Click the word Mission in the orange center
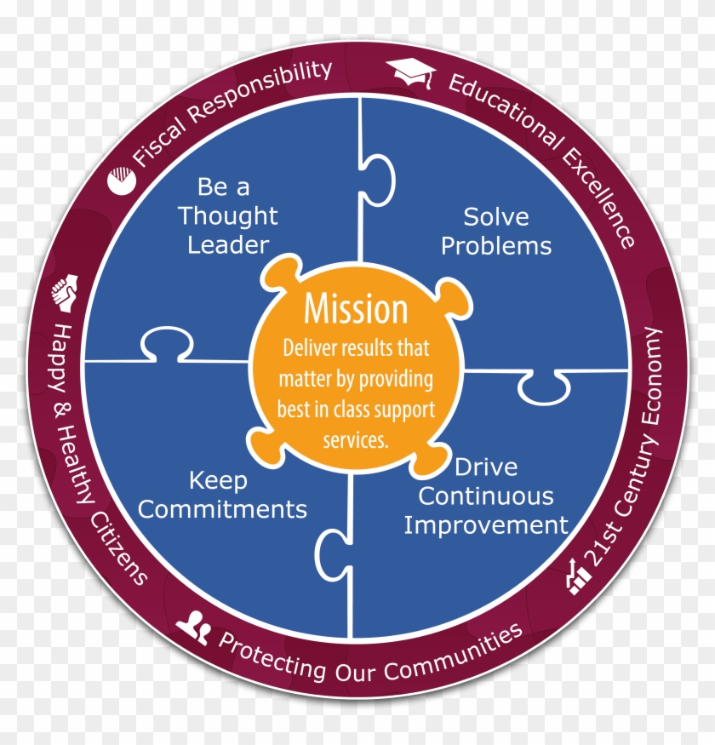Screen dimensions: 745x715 point(356,310)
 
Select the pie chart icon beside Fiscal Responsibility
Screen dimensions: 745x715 point(120,181)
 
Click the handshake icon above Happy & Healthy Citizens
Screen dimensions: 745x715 point(66,293)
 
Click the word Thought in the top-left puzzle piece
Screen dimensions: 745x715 point(227,215)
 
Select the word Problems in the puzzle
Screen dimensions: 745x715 point(496,246)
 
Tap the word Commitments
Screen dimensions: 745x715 point(222,509)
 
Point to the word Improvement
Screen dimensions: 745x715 point(486,524)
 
